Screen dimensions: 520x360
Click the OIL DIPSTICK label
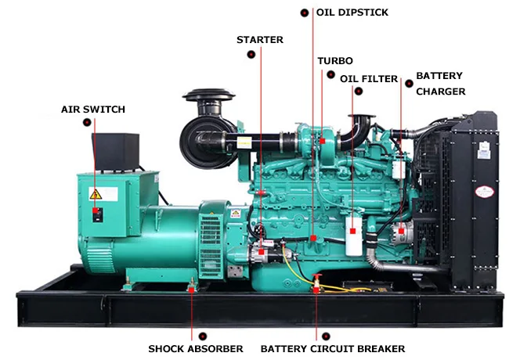click(x=352, y=13)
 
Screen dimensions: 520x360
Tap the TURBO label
click(x=334, y=61)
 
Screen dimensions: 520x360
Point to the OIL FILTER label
click(x=369, y=79)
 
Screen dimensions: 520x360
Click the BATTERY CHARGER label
click(x=439, y=84)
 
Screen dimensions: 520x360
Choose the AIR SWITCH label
click(x=92, y=109)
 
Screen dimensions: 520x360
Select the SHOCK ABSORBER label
click(x=195, y=348)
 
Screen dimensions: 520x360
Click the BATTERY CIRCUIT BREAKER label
click(x=332, y=348)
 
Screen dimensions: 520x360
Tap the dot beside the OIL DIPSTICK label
click(x=305, y=13)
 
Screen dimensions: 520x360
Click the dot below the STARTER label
click(x=251, y=54)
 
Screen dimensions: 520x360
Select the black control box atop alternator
click(x=115, y=152)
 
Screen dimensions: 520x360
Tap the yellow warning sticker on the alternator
click(x=95, y=193)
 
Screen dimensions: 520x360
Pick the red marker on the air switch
click(x=96, y=211)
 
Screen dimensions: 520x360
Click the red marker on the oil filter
click(x=354, y=231)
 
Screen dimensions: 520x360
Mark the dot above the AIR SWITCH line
click(x=95, y=122)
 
